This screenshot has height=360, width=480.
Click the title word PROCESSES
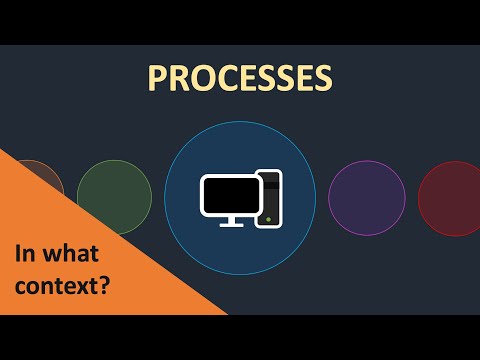point(239,78)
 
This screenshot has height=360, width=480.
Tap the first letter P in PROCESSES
point(157,78)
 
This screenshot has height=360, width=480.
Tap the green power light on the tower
point(268,218)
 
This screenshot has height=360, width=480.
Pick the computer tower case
point(269,198)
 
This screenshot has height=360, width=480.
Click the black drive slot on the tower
point(268,183)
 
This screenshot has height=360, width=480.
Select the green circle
point(114,198)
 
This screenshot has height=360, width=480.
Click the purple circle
point(366,198)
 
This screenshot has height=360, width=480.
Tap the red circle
point(450,198)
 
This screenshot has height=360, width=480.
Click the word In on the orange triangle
point(22,253)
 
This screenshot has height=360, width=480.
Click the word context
point(56,284)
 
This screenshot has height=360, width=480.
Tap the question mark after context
point(105,284)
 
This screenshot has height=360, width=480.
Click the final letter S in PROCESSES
point(321,78)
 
